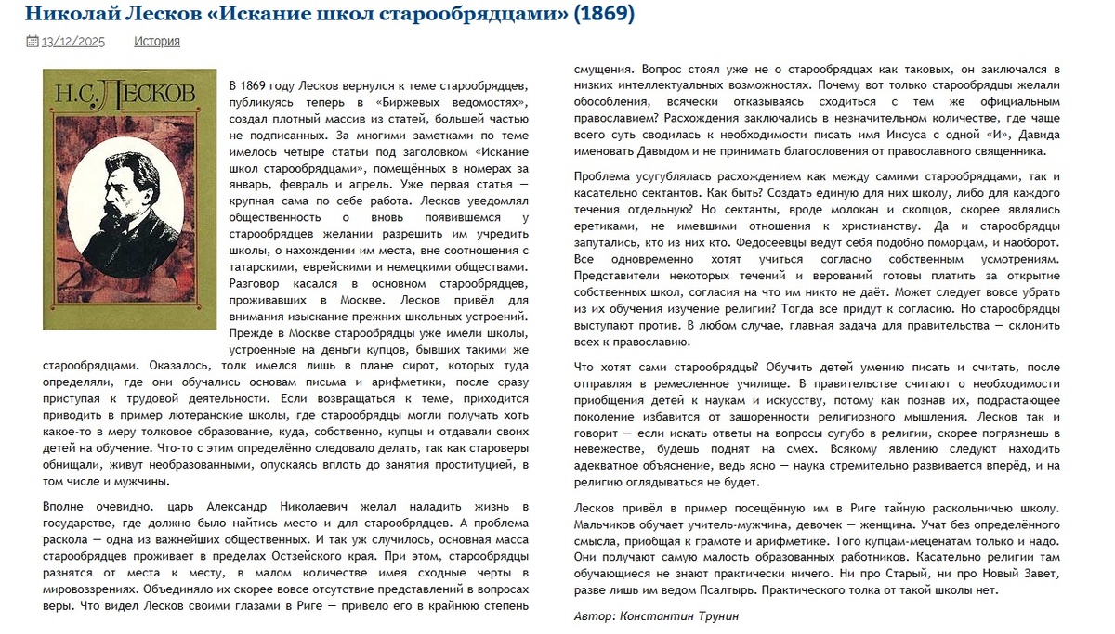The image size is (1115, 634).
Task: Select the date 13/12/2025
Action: (73, 41)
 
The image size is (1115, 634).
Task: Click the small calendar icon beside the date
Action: (32, 41)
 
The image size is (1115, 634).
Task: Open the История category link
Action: (157, 41)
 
